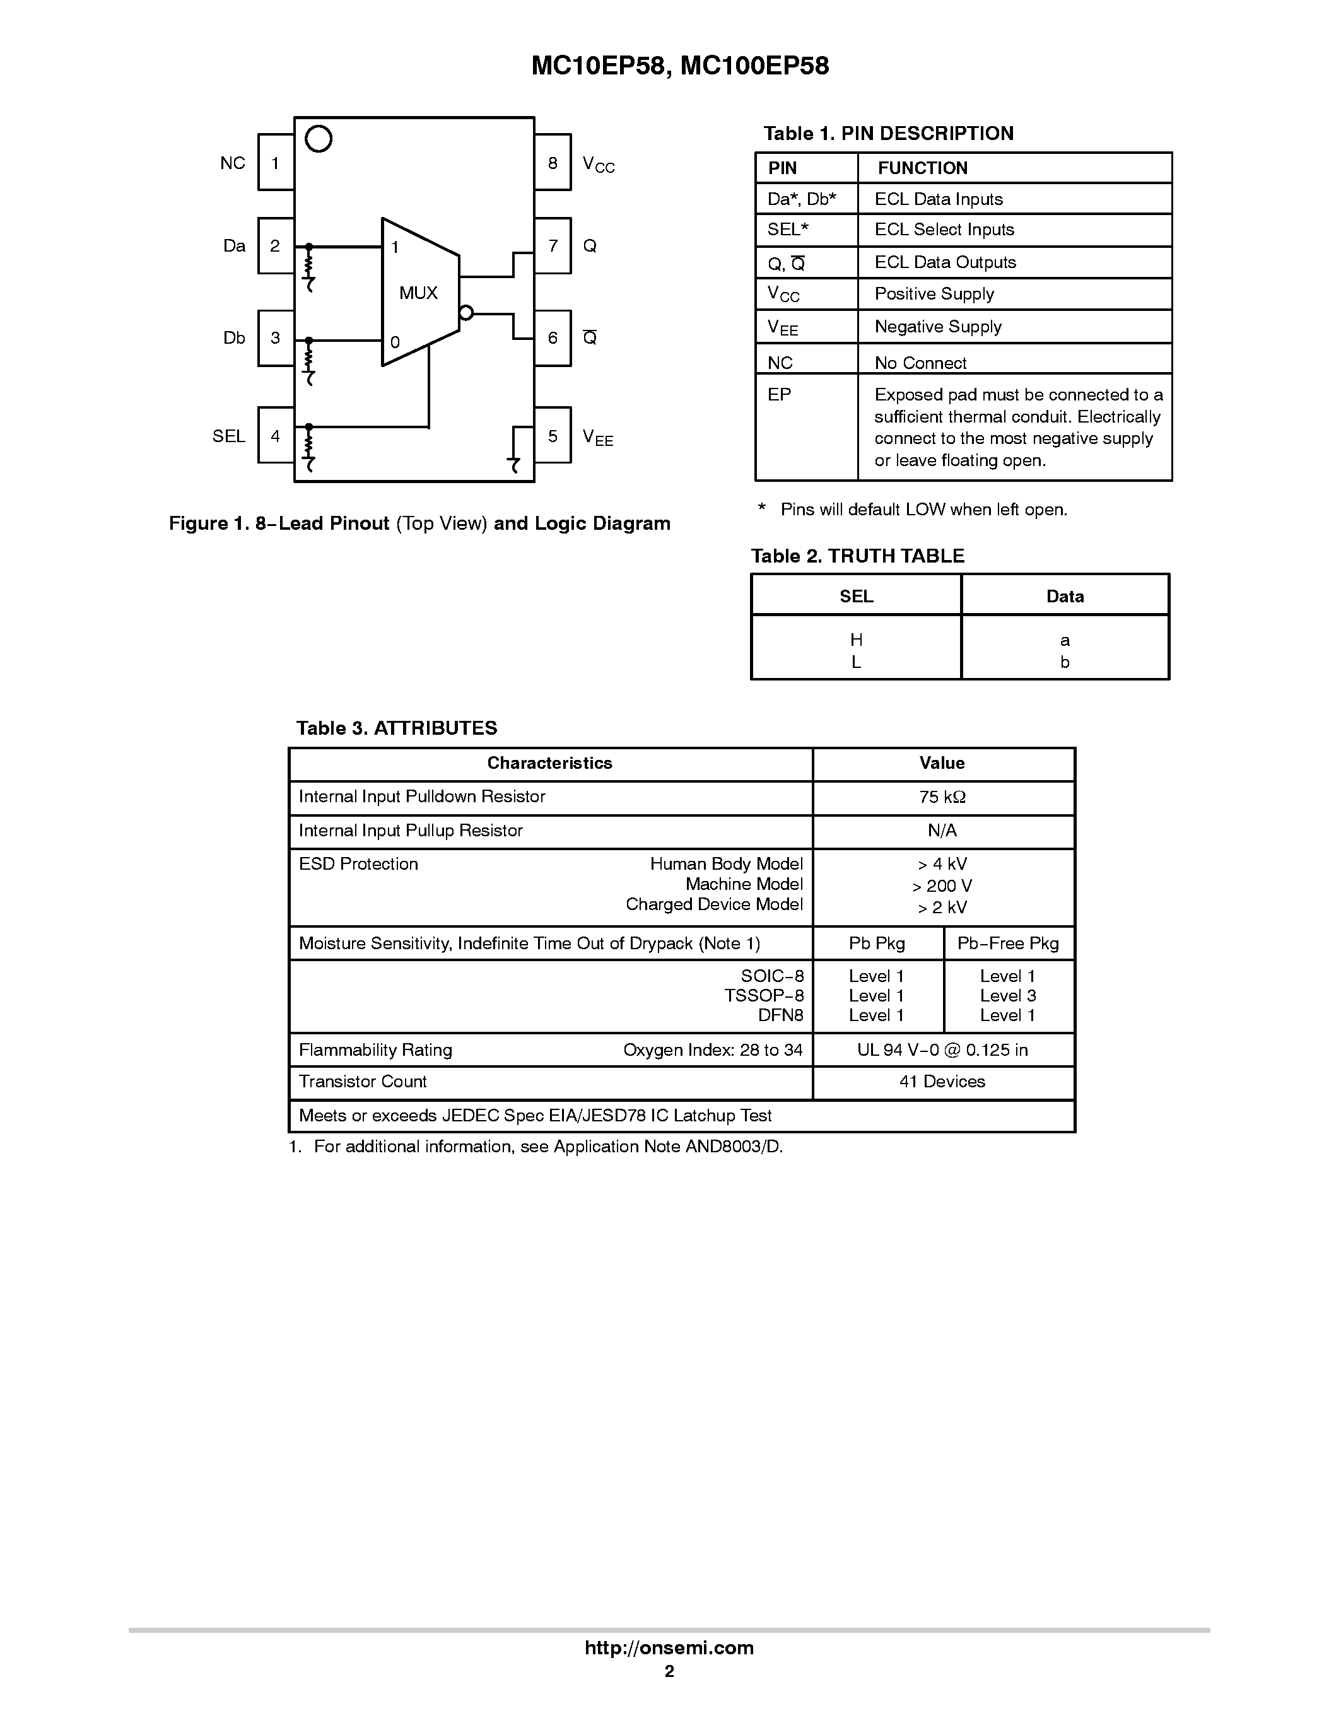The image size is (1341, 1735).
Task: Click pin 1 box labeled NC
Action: (x=276, y=163)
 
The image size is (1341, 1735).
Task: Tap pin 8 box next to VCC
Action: (x=552, y=163)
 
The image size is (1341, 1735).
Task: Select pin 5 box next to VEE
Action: (x=552, y=435)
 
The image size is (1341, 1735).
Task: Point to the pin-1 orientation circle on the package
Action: (x=319, y=139)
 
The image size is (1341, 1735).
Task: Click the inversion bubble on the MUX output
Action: (x=466, y=313)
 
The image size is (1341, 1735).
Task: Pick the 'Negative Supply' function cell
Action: (x=937, y=327)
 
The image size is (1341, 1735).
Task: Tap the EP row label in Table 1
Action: (x=780, y=395)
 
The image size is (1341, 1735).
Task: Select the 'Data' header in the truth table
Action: (x=1065, y=597)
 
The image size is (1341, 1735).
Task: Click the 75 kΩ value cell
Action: (x=942, y=797)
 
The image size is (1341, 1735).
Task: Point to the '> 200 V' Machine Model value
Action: (x=942, y=885)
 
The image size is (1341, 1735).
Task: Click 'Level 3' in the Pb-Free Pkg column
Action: (x=1007, y=995)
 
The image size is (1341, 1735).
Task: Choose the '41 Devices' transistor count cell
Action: (x=942, y=1081)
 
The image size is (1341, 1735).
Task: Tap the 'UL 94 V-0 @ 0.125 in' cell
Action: (x=942, y=1049)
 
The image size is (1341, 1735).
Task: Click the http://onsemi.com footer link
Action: (x=669, y=1647)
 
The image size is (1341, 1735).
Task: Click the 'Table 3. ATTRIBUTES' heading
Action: (x=396, y=728)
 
